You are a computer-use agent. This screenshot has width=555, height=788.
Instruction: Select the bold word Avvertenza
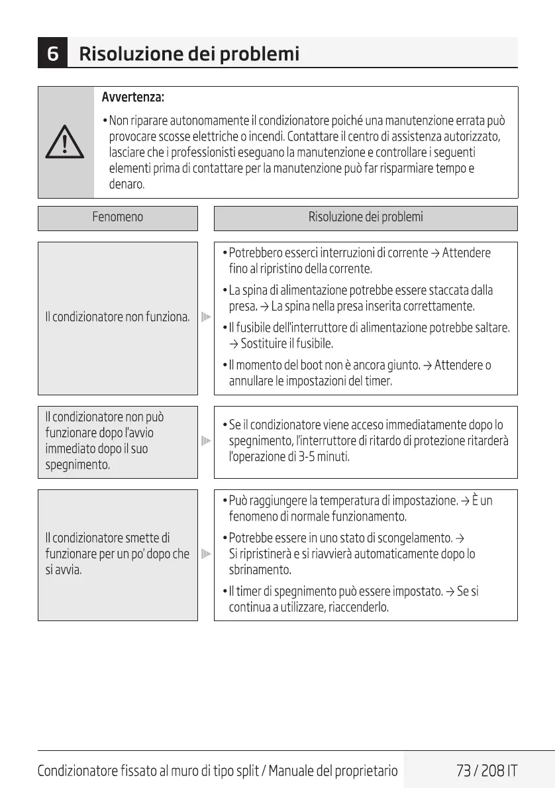click(x=132, y=98)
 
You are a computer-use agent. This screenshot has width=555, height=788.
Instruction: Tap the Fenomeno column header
click(x=117, y=217)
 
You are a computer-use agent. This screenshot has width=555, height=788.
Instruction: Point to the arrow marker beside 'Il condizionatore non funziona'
click(x=206, y=317)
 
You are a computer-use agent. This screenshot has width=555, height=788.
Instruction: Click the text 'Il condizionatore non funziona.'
click(x=117, y=317)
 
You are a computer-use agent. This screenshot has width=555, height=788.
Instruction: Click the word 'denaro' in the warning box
click(x=126, y=184)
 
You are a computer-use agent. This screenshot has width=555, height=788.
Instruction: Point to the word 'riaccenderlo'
click(x=358, y=607)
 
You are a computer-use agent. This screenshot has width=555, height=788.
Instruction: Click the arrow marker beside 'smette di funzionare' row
click(x=206, y=554)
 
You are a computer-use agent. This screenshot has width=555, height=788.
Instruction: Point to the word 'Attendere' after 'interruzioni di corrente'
click(x=466, y=253)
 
